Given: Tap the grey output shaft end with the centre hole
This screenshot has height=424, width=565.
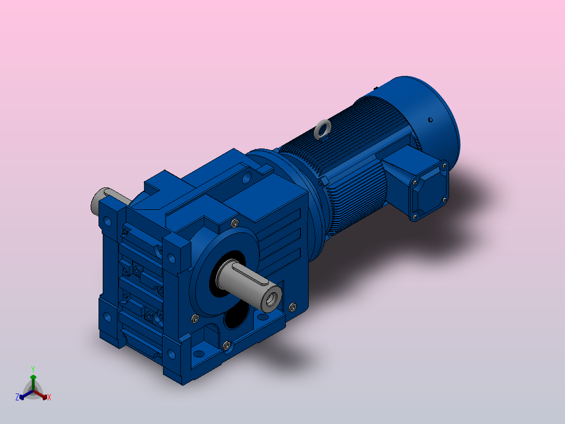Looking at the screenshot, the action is (271, 299).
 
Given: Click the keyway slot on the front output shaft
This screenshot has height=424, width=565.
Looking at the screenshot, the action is (248, 273).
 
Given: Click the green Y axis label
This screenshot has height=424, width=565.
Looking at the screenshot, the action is (33, 369).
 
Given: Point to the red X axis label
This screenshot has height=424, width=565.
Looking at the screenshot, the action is (49, 397).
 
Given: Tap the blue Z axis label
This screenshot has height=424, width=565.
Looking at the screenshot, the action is (17, 397).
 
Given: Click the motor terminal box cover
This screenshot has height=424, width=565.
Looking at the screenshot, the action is (429, 191).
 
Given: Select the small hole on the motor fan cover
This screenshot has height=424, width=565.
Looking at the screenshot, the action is (430, 120).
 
